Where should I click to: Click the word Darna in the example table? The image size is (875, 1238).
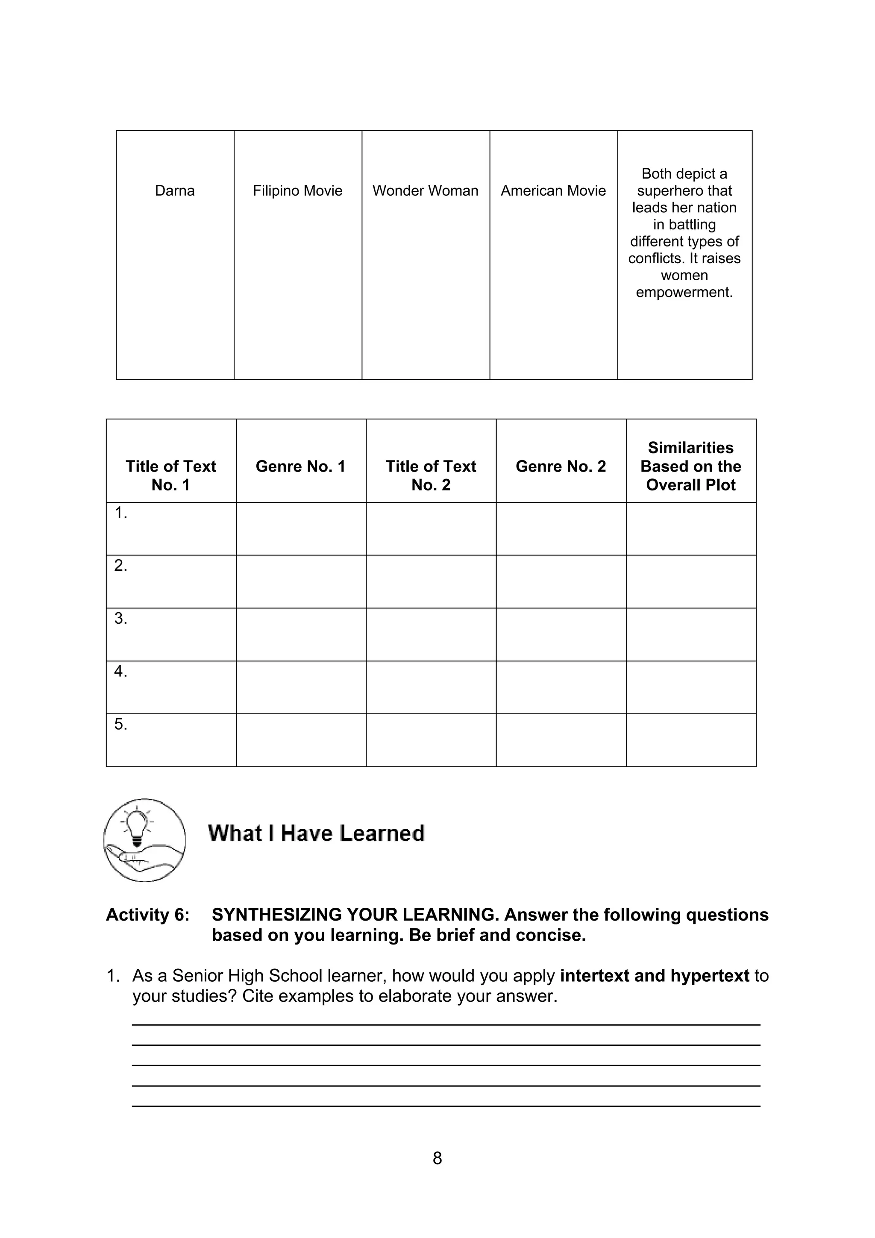click(x=175, y=191)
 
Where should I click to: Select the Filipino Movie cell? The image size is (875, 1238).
click(x=298, y=191)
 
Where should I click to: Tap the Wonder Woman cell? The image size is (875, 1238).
click(x=426, y=191)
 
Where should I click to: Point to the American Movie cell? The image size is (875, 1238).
click(x=553, y=191)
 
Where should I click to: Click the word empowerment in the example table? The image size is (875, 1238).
click(x=684, y=292)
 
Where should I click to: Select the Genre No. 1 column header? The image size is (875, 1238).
click(x=300, y=466)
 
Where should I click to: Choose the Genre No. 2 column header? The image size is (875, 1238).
click(x=561, y=466)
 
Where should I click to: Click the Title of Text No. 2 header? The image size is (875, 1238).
click(x=431, y=475)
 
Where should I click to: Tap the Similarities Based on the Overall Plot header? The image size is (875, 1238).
click(x=690, y=466)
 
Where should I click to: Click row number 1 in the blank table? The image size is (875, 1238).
click(x=121, y=513)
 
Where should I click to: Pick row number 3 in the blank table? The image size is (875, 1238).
click(x=121, y=619)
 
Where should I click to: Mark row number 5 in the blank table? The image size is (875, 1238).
click(x=121, y=724)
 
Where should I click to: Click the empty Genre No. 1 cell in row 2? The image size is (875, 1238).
click(x=301, y=581)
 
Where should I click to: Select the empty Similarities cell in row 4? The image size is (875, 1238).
click(x=690, y=687)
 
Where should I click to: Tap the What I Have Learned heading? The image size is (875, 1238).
click(x=317, y=833)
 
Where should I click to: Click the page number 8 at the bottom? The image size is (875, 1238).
click(x=437, y=1158)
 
